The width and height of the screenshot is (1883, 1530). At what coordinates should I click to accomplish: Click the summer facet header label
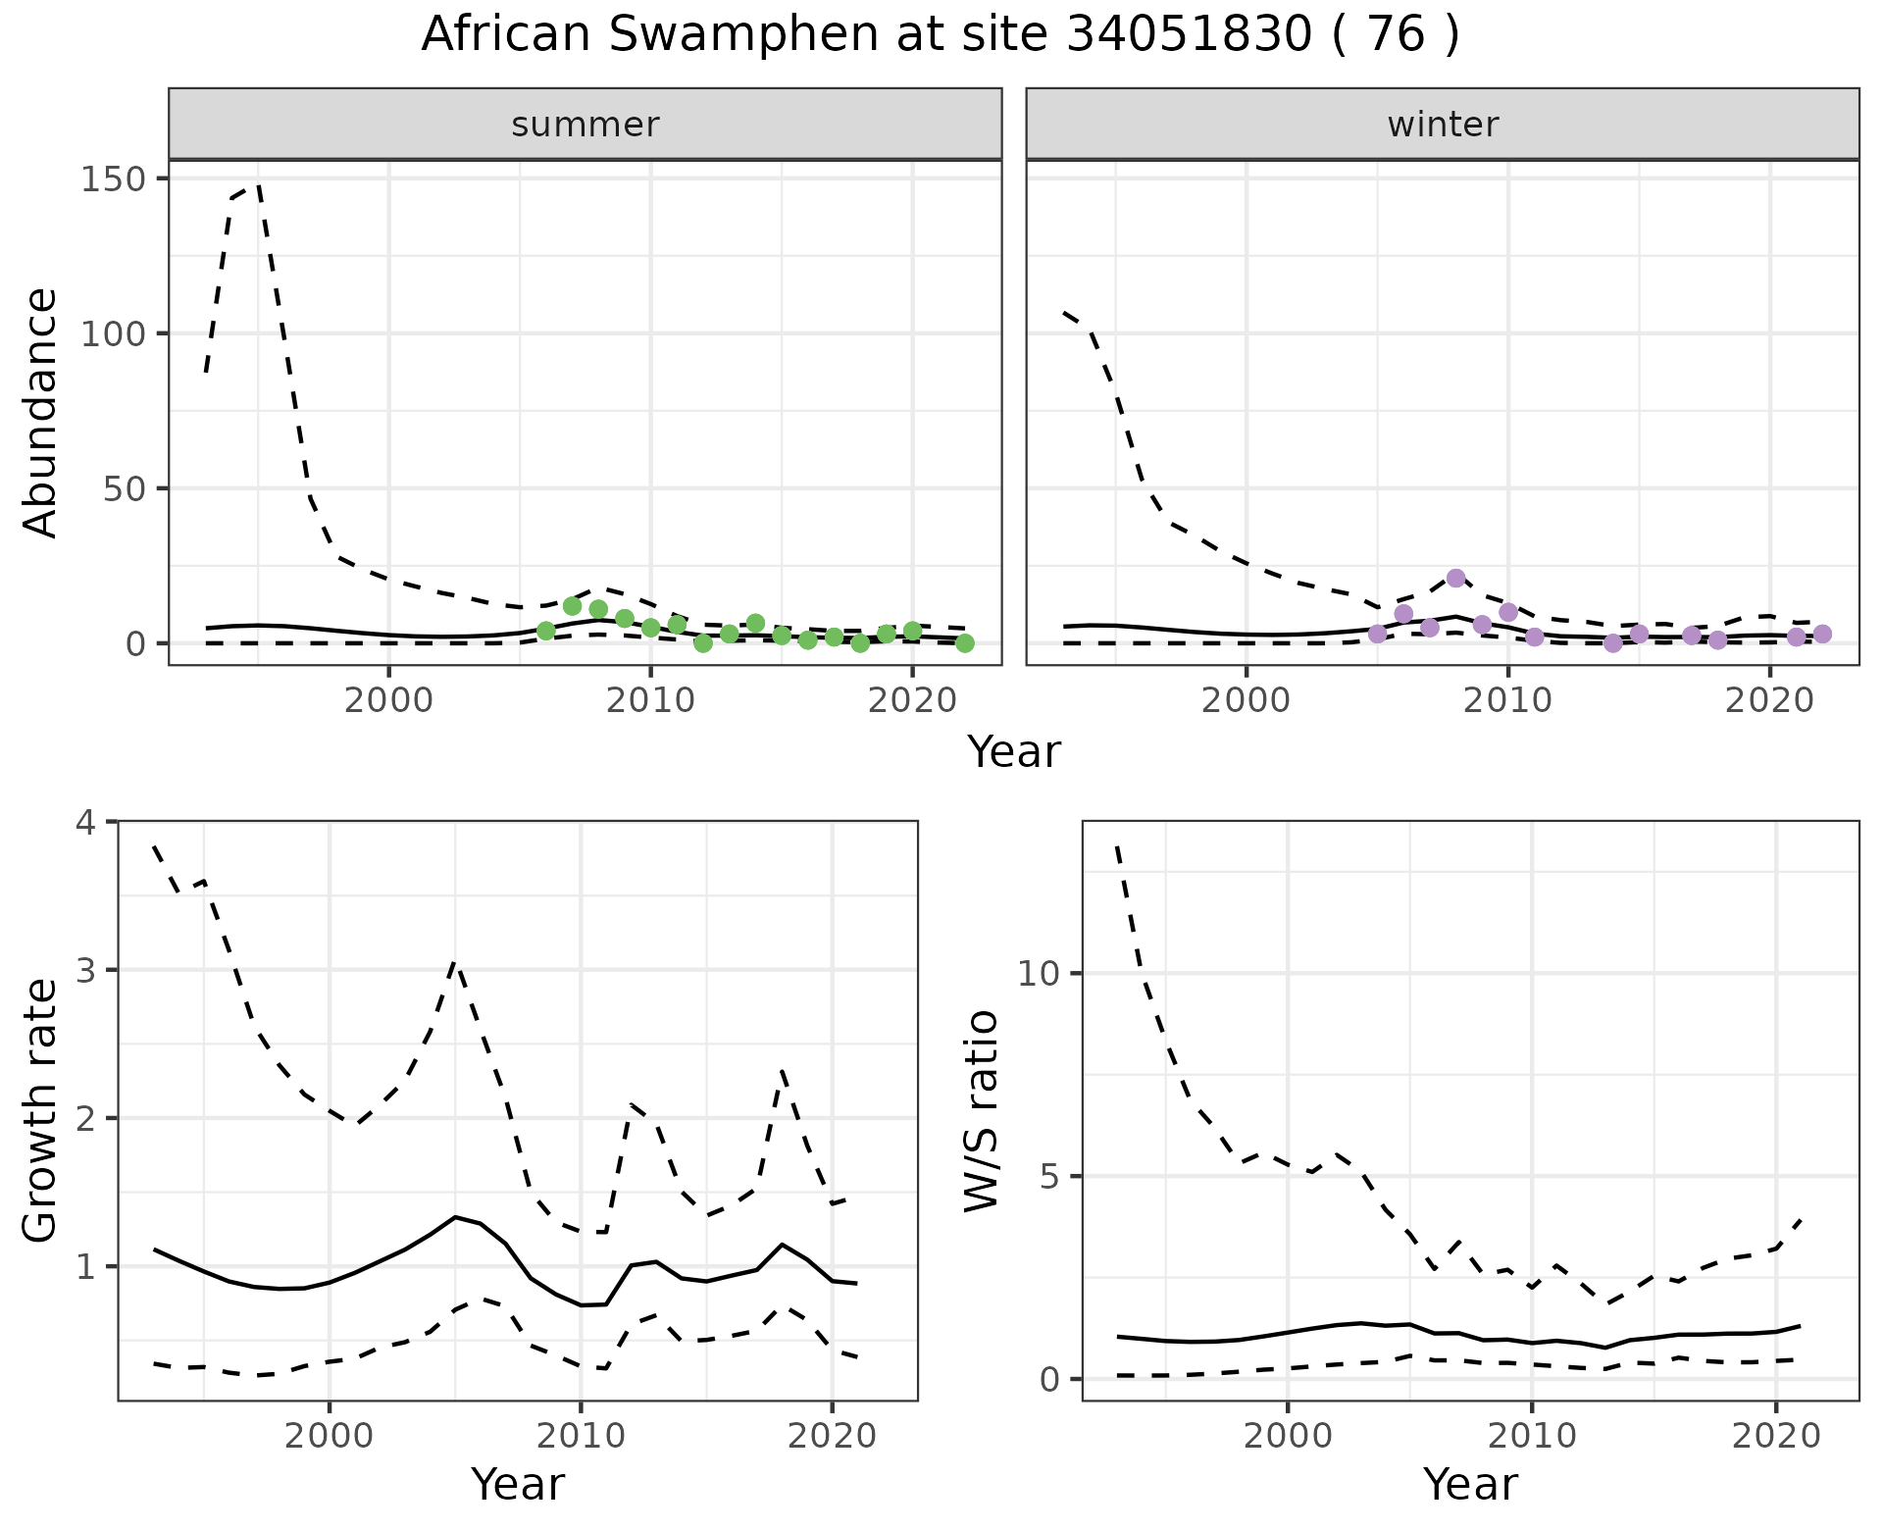pos(585,125)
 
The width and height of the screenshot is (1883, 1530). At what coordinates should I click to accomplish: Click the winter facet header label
pos(1442,125)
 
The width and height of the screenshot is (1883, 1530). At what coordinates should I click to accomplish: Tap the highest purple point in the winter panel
pos(1455,578)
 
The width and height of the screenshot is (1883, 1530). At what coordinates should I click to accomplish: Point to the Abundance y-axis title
pos(41,412)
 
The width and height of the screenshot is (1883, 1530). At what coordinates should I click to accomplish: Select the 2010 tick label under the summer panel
pos(650,701)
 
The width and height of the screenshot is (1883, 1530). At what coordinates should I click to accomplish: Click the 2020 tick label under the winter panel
pos(1769,701)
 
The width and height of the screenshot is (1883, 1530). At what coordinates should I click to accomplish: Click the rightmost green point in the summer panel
pos(965,643)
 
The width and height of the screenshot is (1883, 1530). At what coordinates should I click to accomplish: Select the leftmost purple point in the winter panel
pos(1377,634)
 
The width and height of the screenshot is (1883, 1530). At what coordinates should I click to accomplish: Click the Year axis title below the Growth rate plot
pos(518,1484)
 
